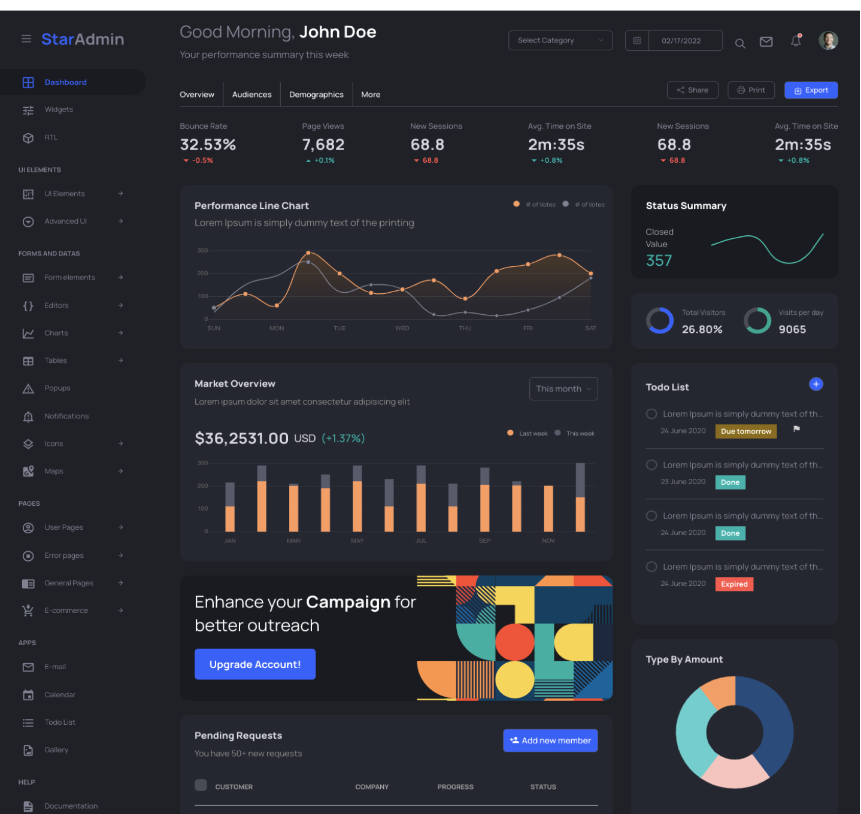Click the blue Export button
click(x=811, y=90)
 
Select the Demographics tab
click(x=316, y=95)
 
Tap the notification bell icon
click(x=796, y=41)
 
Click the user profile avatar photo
click(x=827, y=41)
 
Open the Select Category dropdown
click(x=560, y=40)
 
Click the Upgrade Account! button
click(x=255, y=664)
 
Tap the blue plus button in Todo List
click(x=815, y=384)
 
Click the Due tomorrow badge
click(x=746, y=432)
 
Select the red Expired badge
click(x=734, y=584)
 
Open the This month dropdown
click(x=563, y=388)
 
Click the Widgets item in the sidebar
click(x=59, y=110)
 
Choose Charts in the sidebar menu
click(x=56, y=333)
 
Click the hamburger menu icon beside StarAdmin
click(x=26, y=39)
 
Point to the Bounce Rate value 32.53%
click(x=208, y=144)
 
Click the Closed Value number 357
click(x=659, y=260)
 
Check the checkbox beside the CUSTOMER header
click(x=201, y=785)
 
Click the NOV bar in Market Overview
click(x=548, y=508)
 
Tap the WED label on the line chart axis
click(x=402, y=328)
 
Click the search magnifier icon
click(x=739, y=43)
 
